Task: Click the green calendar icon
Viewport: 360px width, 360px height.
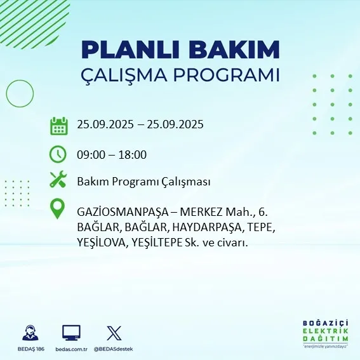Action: pos(58,125)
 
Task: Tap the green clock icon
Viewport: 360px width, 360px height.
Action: pos(58,154)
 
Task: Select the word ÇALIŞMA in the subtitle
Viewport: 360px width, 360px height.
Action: pos(121,75)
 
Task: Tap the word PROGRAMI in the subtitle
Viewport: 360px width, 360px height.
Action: pos(227,75)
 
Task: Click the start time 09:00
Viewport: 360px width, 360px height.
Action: pos(91,154)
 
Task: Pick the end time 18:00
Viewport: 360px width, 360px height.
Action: pos(133,154)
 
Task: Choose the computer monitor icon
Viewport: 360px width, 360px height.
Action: pos(71,332)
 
